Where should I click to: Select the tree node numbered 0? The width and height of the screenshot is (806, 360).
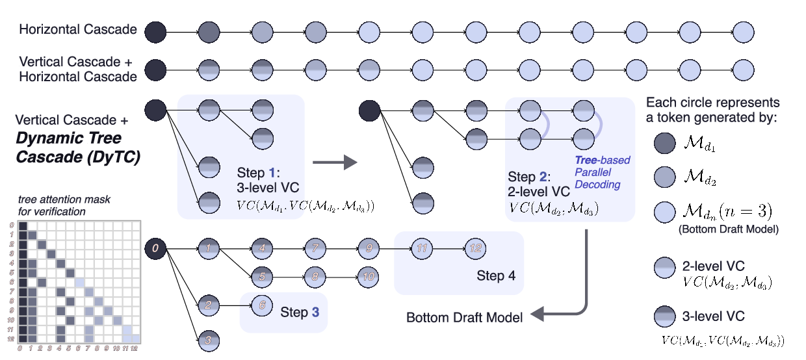coord(155,248)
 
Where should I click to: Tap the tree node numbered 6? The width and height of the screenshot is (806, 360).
coord(261,303)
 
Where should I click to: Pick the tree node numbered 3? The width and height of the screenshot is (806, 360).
coord(208,339)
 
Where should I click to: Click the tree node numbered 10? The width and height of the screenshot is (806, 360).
coord(368,276)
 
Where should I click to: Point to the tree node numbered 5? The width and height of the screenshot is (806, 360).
coord(261,276)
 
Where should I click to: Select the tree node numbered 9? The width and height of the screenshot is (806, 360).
coord(368,248)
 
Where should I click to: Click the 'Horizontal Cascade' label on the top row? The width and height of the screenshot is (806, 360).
coord(78,30)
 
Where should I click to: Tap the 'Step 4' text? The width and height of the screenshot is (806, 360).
coord(496,276)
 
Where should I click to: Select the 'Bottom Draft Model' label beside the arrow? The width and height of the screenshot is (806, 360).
coord(464,318)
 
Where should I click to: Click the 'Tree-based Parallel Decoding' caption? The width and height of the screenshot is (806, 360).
coord(603,172)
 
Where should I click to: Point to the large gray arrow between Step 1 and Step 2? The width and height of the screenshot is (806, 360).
coord(335,162)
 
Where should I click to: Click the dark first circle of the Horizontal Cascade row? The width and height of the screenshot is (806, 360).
coord(155,31)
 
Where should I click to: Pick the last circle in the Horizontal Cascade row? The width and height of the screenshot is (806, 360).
coord(744,31)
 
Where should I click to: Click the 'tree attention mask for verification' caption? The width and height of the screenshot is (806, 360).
coord(51,206)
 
